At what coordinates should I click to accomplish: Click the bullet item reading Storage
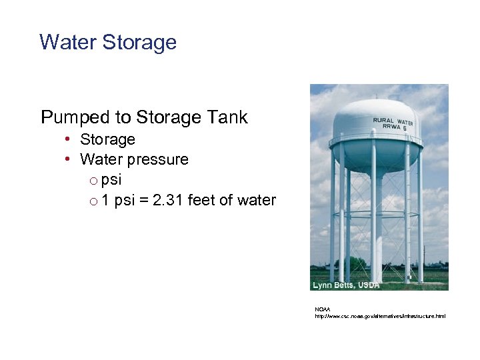pyautogui.click(x=107, y=139)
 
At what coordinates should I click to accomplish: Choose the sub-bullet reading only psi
pyautogui.click(x=112, y=180)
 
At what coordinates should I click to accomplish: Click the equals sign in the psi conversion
pyautogui.click(x=143, y=200)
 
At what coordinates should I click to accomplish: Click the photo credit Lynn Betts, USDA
pyautogui.click(x=346, y=285)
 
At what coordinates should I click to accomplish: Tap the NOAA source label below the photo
pyautogui.click(x=322, y=309)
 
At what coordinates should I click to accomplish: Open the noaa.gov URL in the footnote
pyautogui.click(x=380, y=316)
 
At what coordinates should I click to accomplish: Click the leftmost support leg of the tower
pyautogui.click(x=333, y=220)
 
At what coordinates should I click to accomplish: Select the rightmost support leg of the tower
pyautogui.click(x=420, y=220)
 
